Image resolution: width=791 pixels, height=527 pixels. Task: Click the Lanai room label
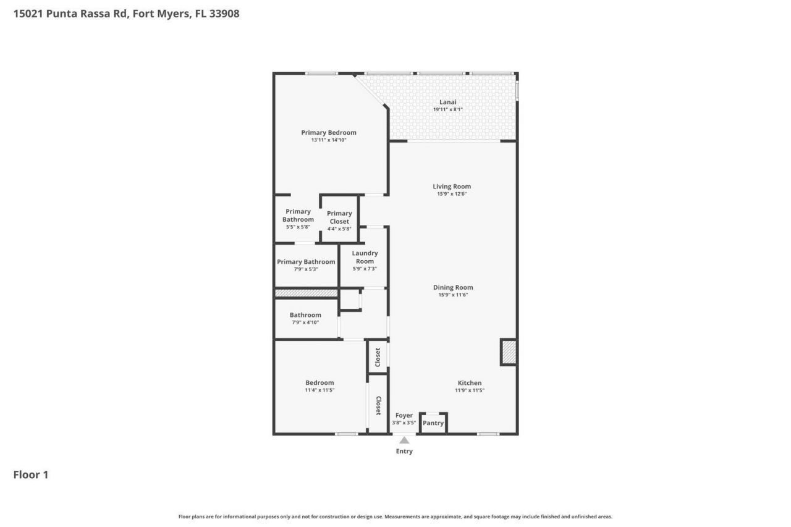tap(447, 102)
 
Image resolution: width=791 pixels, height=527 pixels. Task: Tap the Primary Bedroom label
tap(329, 132)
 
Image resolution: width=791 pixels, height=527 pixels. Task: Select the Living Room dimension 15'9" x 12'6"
tap(452, 194)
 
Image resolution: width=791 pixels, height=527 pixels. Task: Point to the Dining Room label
tap(453, 287)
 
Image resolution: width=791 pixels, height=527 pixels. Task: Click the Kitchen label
tap(469, 383)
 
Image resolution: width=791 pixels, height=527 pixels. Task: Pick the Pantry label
tap(433, 423)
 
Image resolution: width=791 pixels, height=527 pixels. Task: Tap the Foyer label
tap(404, 415)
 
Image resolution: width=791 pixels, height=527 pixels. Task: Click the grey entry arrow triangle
tap(404, 440)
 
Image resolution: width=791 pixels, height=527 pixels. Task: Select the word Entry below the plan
tap(404, 451)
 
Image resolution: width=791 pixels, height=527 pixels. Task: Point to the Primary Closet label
tap(339, 217)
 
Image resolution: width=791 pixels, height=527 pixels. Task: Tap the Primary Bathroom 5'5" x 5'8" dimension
tap(298, 227)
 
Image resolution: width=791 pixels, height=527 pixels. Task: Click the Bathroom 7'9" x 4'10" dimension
tap(305, 323)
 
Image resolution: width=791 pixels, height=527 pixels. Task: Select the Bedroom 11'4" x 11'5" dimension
tap(319, 390)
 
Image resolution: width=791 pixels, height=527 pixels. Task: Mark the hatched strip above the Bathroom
tap(306, 292)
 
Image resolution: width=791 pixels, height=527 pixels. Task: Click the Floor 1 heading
tap(31, 474)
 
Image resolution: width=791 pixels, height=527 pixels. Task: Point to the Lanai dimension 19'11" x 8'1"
tap(447, 110)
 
